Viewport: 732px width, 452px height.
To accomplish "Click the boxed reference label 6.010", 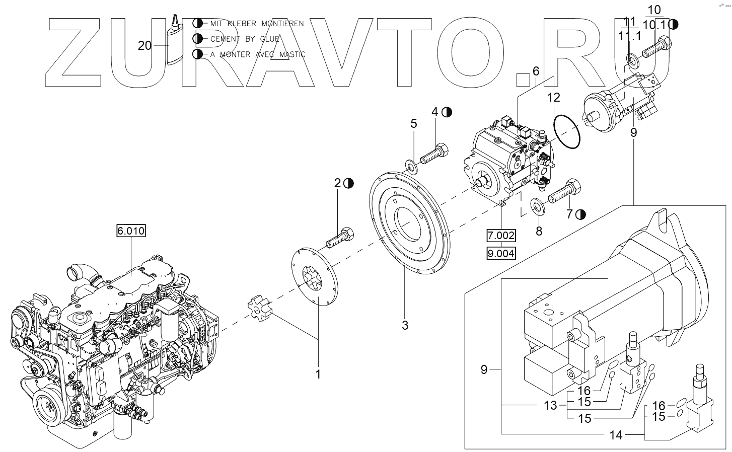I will point(131,231).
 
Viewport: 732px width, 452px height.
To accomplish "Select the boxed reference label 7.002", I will point(501,235).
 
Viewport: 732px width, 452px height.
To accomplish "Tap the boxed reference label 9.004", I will point(501,253).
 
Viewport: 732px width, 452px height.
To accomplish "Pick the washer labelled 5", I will point(411,165).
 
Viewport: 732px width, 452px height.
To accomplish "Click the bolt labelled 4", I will point(434,153).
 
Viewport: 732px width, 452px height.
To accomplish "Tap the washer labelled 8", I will point(539,206).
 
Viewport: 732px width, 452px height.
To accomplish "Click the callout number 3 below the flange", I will point(405,325).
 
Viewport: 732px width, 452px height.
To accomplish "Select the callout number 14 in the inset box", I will point(616,435).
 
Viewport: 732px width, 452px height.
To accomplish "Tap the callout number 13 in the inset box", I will point(551,405).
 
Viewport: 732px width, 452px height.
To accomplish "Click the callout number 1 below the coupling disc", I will point(318,374).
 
